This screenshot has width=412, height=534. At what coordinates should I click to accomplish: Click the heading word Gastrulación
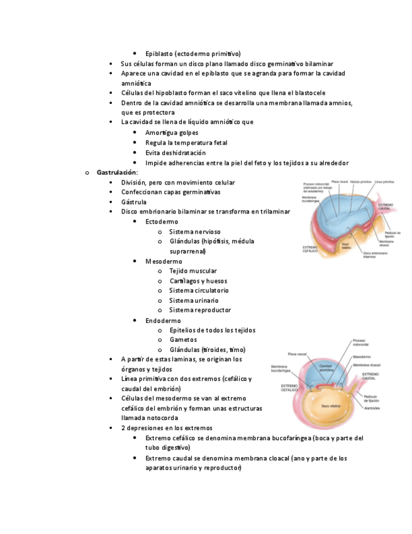pyautogui.click(x=117, y=173)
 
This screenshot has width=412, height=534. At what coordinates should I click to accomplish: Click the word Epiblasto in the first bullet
pyautogui.click(x=159, y=54)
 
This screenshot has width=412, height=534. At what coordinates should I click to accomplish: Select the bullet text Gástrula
pyautogui.click(x=134, y=202)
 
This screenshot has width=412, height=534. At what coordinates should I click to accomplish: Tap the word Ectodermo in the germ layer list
pyautogui.click(x=162, y=222)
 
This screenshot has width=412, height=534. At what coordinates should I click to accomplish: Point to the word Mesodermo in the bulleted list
pyautogui.click(x=164, y=261)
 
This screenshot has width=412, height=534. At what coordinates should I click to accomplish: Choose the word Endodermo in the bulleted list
pyautogui.click(x=163, y=321)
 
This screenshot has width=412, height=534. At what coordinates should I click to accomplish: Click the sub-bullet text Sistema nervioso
pyautogui.click(x=195, y=232)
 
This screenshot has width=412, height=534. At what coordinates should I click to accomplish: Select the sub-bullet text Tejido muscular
pyautogui.click(x=193, y=271)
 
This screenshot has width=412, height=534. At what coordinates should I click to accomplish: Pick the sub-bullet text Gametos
pyautogui.click(x=183, y=340)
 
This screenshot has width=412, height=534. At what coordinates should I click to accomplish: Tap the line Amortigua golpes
pyautogui.click(x=172, y=133)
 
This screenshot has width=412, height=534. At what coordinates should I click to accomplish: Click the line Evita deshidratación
pyautogui.click(x=175, y=153)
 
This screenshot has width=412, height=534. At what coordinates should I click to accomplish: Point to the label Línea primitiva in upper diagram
pyautogui.click(x=384, y=182)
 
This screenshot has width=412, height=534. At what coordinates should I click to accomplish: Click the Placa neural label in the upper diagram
pyautogui.click(x=340, y=182)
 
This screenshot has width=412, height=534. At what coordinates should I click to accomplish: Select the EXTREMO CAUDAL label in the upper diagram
pyautogui.click(x=386, y=207)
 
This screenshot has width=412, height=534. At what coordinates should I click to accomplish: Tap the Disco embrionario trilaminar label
pyautogui.click(x=374, y=256)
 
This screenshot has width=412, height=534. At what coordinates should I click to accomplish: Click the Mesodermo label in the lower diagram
pyautogui.click(x=362, y=356)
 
